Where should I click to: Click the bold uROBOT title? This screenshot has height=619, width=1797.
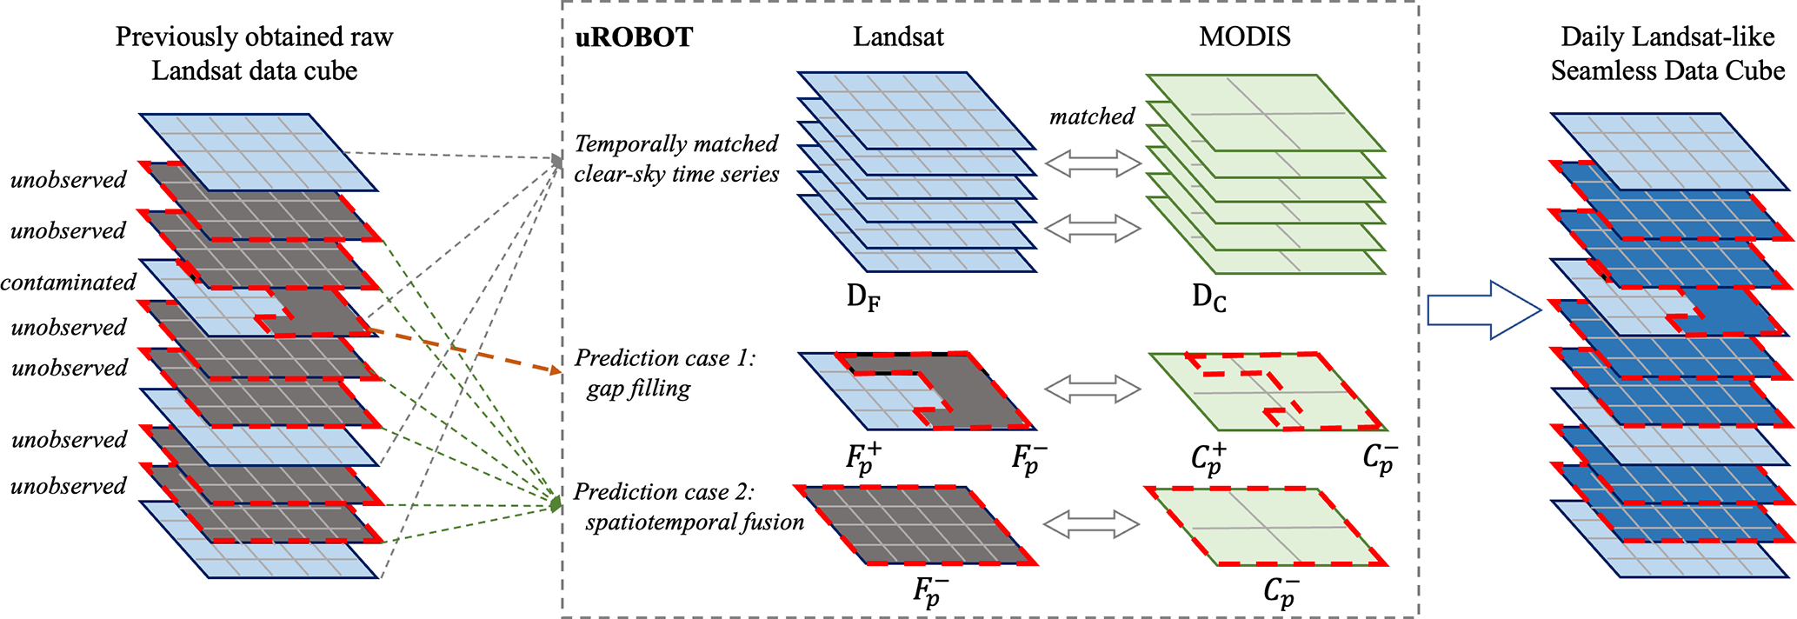pyautogui.click(x=634, y=37)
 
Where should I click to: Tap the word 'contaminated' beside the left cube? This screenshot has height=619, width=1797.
pyautogui.click(x=68, y=283)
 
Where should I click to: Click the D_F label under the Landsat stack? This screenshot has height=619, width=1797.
pyautogui.click(x=863, y=298)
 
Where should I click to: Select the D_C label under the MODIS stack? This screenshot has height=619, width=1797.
pyautogui.click(x=1209, y=298)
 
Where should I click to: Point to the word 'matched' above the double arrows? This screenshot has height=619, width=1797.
pyautogui.click(x=1092, y=116)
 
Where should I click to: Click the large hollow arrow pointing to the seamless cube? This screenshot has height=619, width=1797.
pyautogui.click(x=1483, y=309)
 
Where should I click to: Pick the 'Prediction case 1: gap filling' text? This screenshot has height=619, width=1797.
pyautogui.click(x=665, y=373)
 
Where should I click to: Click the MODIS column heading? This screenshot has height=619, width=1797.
pyautogui.click(x=1244, y=37)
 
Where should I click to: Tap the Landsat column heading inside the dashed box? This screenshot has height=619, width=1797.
pyautogui.click(x=898, y=37)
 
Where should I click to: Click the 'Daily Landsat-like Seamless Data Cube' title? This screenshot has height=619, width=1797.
pyautogui.click(x=1667, y=53)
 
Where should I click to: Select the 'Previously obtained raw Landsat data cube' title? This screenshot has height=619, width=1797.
pyautogui.click(x=254, y=53)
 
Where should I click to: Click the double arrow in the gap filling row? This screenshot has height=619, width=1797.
pyautogui.click(x=1092, y=389)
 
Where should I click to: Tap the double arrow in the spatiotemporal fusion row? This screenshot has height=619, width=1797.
pyautogui.click(x=1091, y=523)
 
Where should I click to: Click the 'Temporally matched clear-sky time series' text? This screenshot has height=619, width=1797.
pyautogui.click(x=676, y=158)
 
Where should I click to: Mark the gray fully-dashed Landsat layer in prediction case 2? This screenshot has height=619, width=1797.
pyautogui.click(x=917, y=524)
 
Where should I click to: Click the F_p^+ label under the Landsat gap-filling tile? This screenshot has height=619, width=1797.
pyautogui.click(x=863, y=458)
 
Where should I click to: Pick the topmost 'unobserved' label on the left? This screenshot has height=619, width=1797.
pyautogui.click(x=68, y=180)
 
